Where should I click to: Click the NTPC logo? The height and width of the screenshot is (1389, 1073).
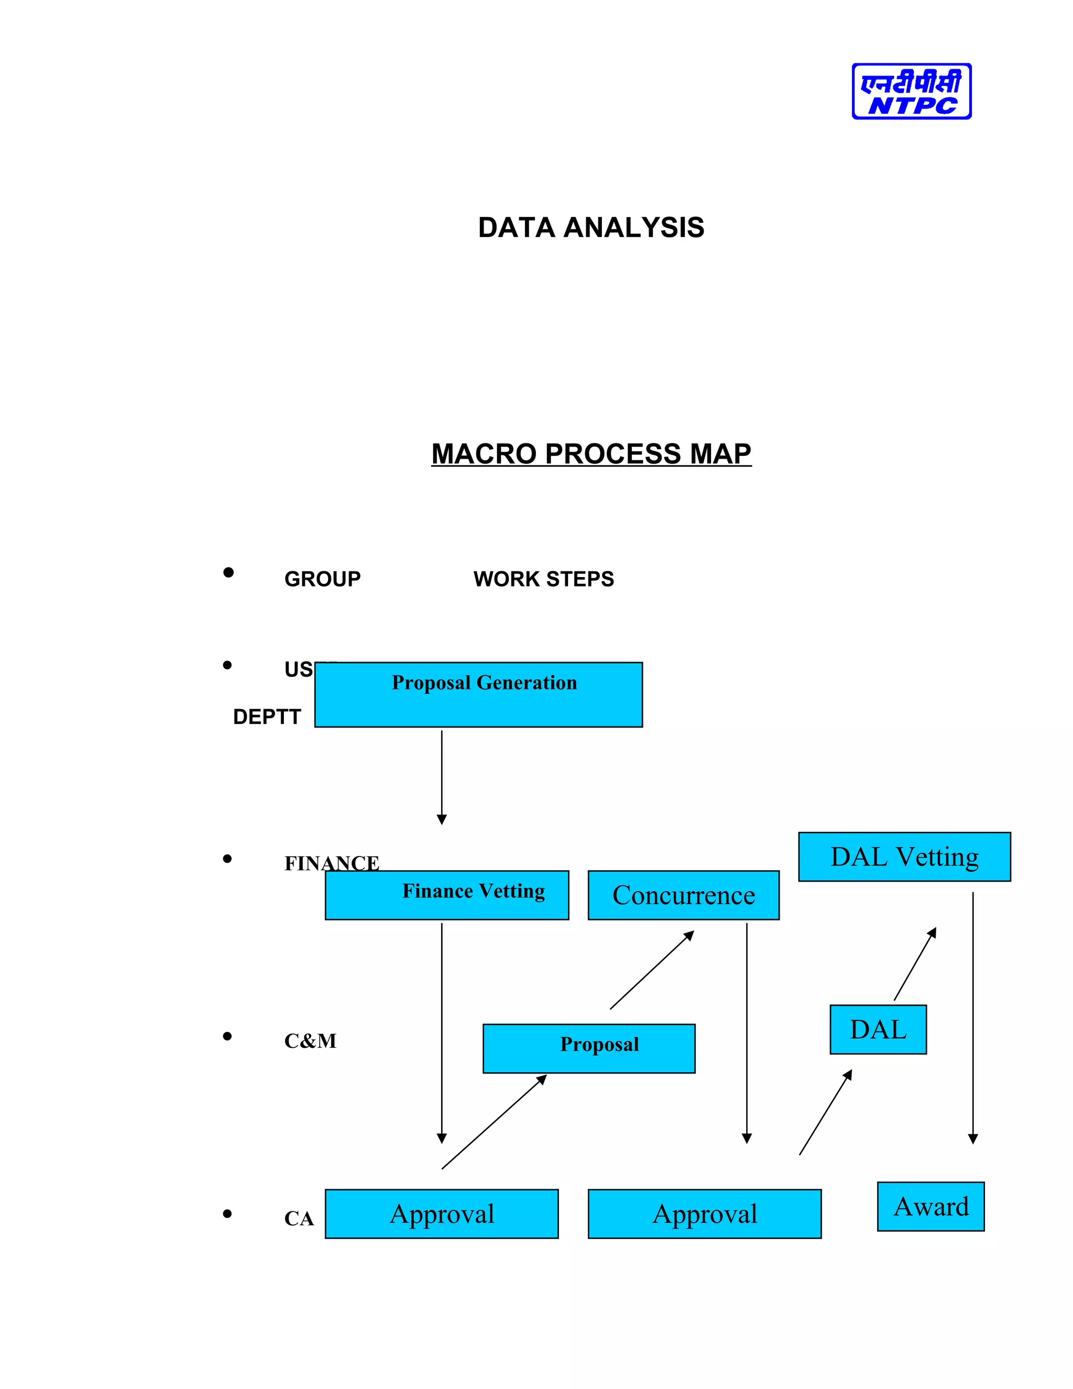point(911,91)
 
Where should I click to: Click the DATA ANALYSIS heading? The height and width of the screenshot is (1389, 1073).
point(590,227)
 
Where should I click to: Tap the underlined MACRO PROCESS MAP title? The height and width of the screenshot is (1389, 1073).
point(590,454)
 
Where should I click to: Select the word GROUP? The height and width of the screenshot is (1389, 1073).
point(322,579)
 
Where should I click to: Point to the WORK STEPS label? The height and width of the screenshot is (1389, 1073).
point(543,579)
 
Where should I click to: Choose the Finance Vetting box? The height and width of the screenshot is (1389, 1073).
point(446,895)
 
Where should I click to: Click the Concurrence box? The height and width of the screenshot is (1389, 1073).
point(683,895)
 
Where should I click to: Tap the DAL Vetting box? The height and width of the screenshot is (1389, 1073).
point(904,856)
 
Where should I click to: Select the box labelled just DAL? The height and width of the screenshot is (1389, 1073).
point(878,1029)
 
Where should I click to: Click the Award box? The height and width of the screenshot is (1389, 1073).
point(930,1207)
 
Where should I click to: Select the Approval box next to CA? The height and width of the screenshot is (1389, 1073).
point(441,1213)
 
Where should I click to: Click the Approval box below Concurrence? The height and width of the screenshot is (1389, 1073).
point(704,1213)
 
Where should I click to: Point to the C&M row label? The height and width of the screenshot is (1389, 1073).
point(310,1041)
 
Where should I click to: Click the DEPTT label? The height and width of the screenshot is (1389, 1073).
point(266,717)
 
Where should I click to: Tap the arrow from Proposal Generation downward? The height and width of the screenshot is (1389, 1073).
point(442,776)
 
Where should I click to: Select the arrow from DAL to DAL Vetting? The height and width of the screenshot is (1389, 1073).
point(915,964)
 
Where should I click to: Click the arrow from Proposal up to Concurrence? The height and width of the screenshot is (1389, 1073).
point(652,970)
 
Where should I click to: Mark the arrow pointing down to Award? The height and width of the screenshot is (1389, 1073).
point(972,1017)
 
